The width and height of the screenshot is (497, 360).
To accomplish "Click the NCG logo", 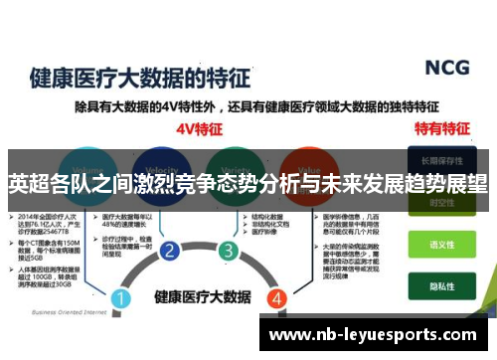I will [x=446, y=68].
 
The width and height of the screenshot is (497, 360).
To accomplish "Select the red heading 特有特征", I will [x=441, y=128].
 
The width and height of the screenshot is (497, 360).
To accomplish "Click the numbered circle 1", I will [x=121, y=270].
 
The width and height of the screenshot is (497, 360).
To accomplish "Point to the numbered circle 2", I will [x=170, y=250].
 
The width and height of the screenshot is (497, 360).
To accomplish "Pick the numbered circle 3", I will [x=229, y=250].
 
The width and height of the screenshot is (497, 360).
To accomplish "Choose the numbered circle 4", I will [x=277, y=270].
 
